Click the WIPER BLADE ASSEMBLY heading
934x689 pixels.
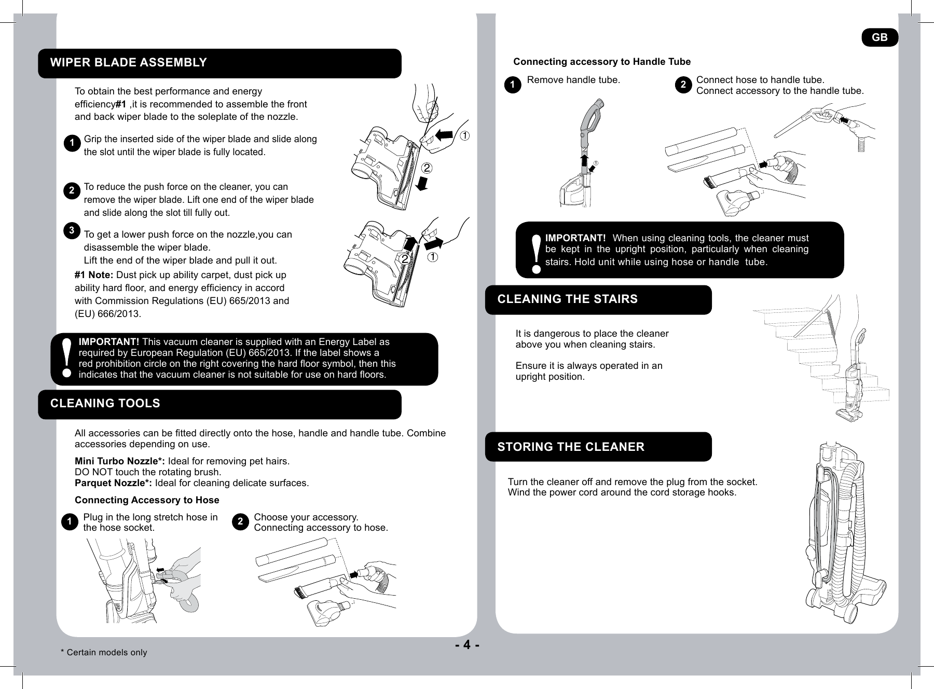pyautogui.click(x=128, y=63)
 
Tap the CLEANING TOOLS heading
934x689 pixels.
pyautogui.click(x=105, y=404)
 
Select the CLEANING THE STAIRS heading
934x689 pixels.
pyautogui.click(x=567, y=299)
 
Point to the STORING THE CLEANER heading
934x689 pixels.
pyautogui.click(x=571, y=447)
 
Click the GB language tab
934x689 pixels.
pyautogui.click(x=880, y=37)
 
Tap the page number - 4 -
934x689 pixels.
pyautogui.click(x=467, y=645)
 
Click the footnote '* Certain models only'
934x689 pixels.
pyautogui.click(x=104, y=653)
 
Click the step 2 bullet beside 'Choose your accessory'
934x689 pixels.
pyautogui.click(x=240, y=522)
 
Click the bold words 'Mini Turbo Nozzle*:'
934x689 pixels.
pyautogui.click(x=120, y=462)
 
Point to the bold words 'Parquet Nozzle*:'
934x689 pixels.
pyautogui.click(x=113, y=484)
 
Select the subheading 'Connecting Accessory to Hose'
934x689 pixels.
pyautogui.click(x=147, y=500)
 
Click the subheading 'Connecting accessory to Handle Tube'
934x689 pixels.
pyautogui.click(x=602, y=62)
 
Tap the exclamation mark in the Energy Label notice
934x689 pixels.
pyautogui.click(x=66, y=358)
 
